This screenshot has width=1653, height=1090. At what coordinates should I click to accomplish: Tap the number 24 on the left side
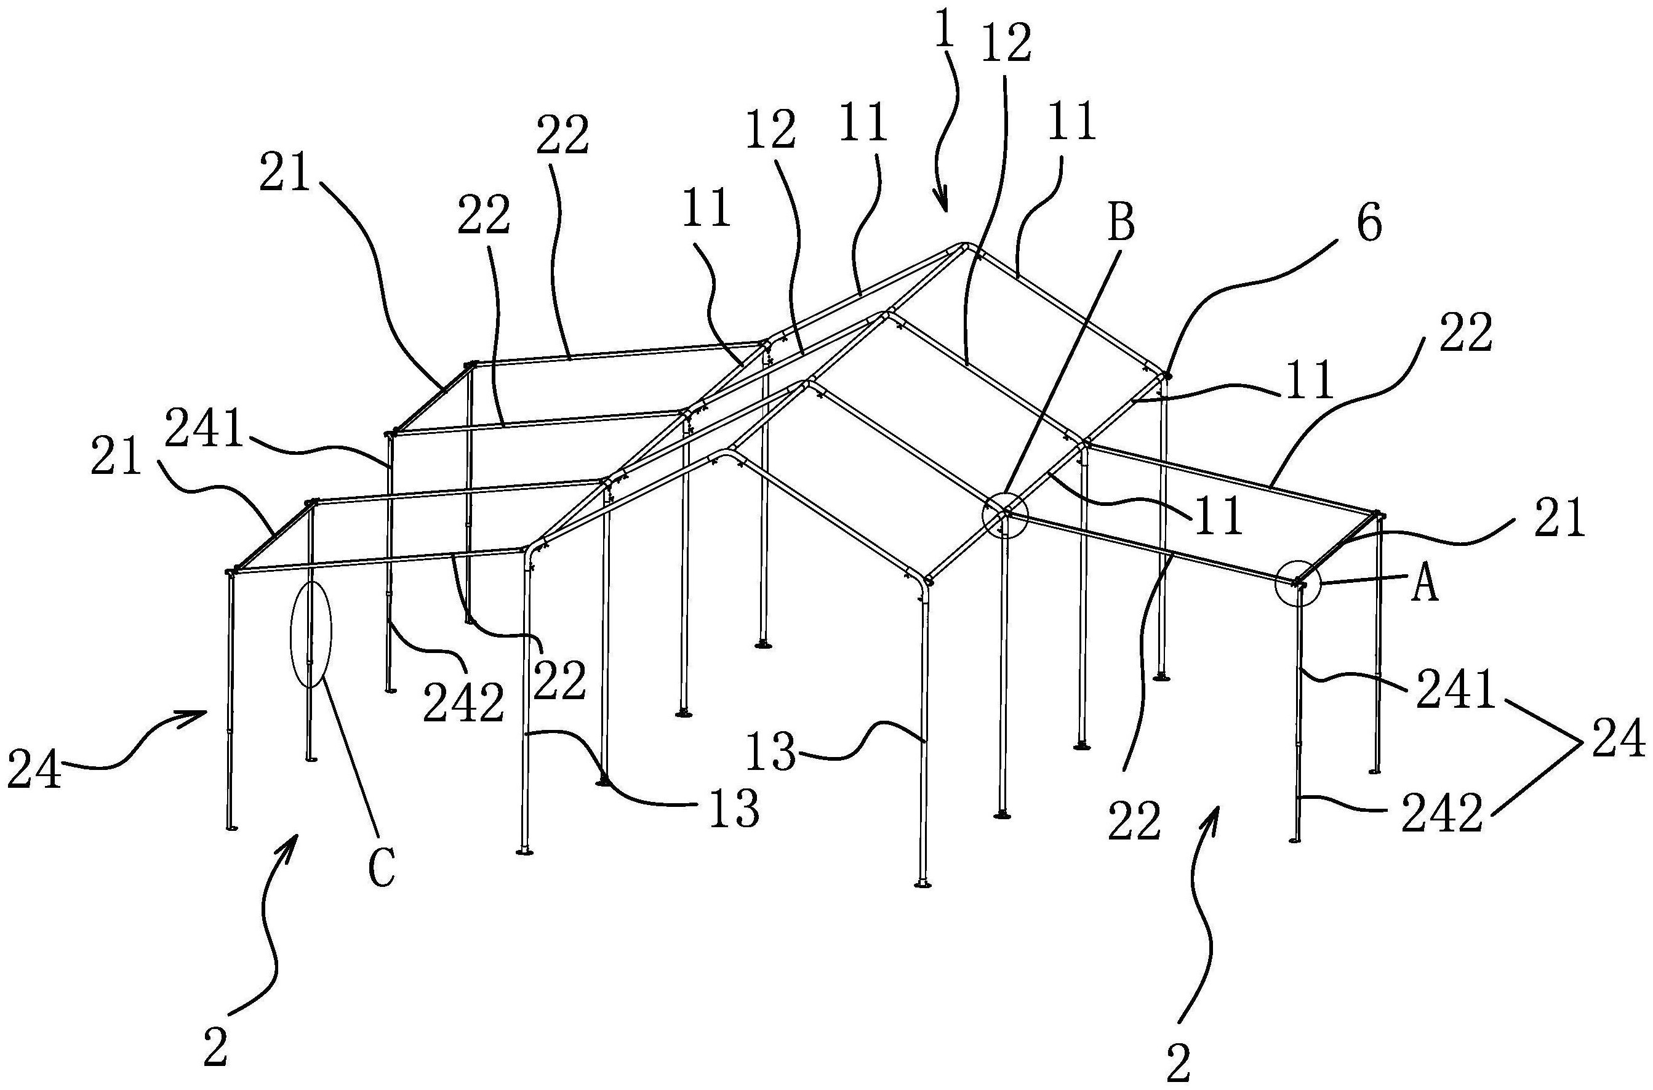(x=34, y=767)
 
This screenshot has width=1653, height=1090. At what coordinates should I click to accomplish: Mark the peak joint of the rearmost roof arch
(x=963, y=246)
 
